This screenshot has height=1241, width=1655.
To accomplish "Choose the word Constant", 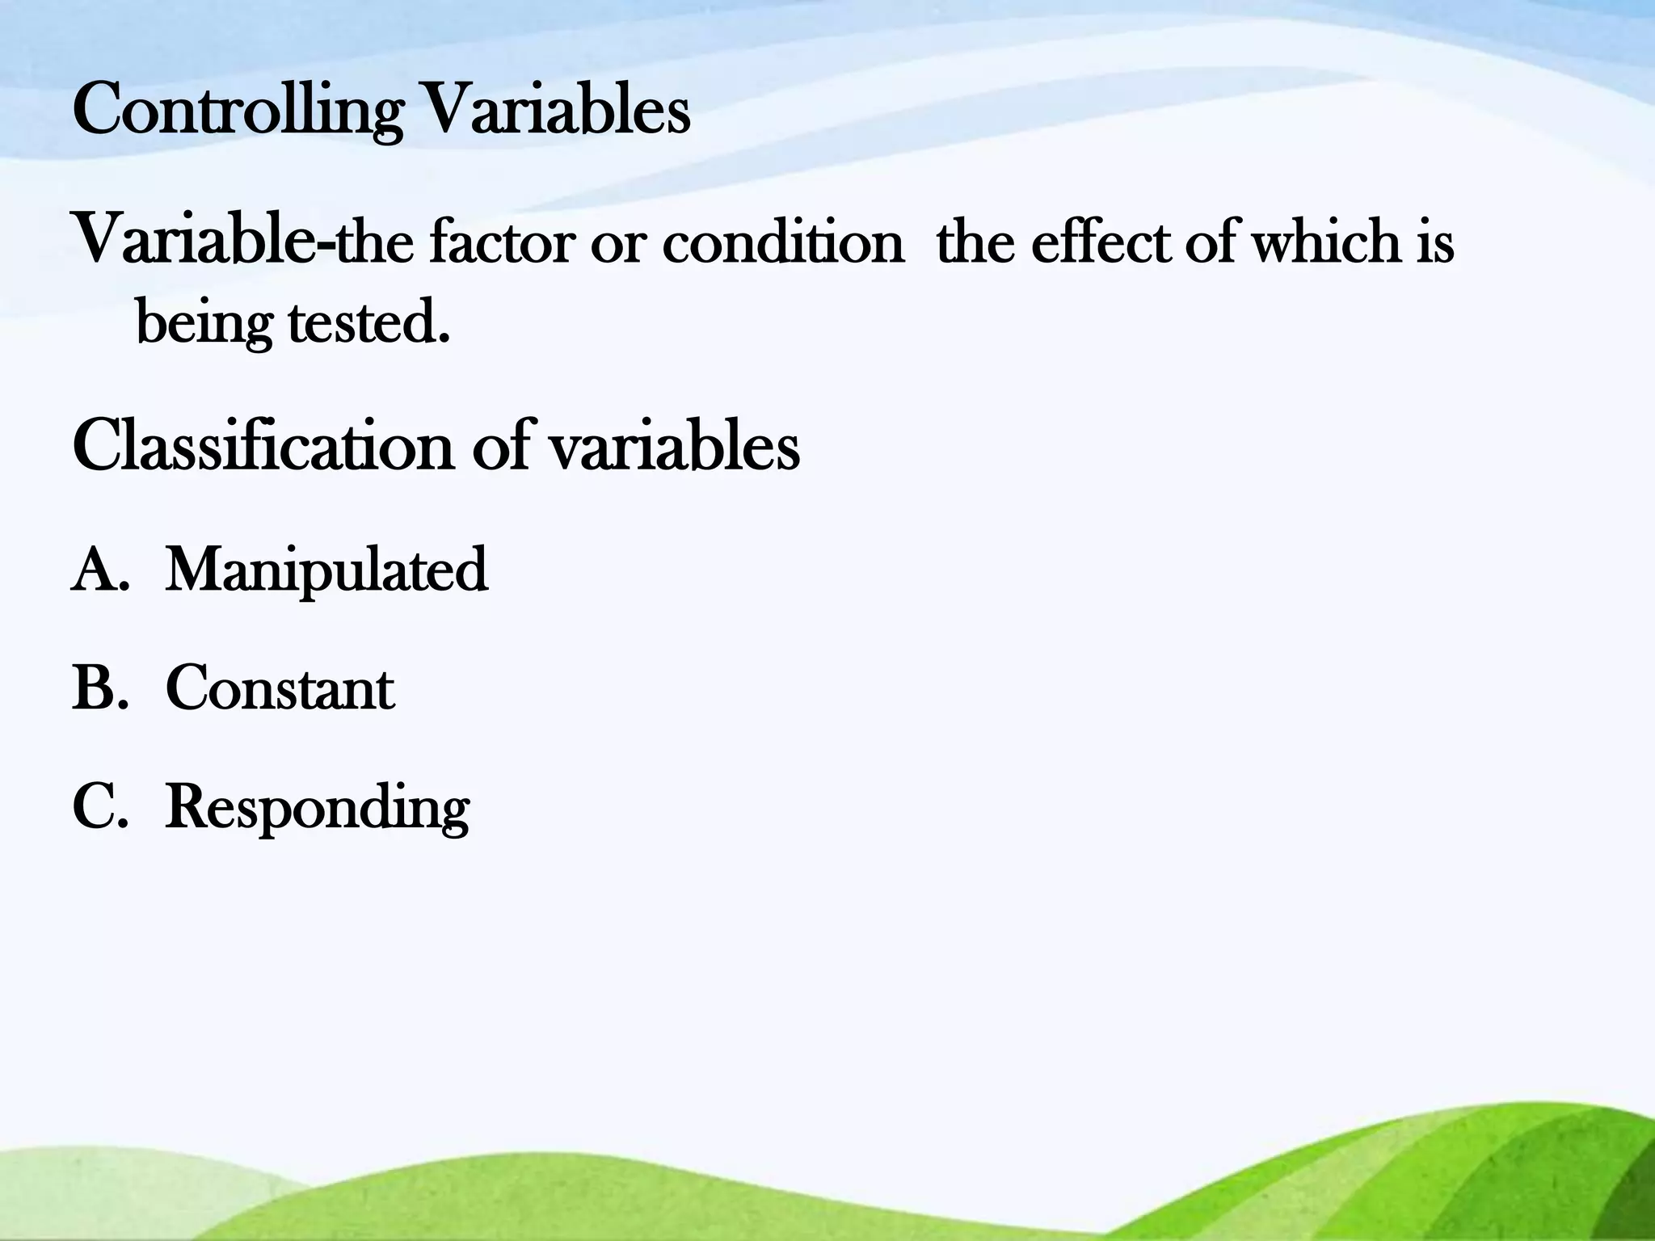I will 280,689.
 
